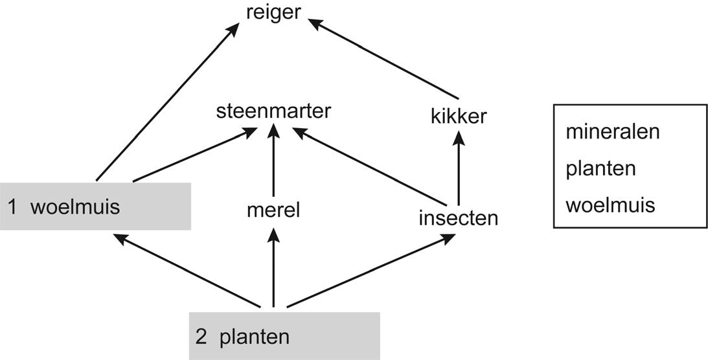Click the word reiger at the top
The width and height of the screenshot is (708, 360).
tap(273, 12)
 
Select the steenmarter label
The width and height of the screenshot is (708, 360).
tap(273, 111)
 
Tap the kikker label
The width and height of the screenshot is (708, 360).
tap(458, 117)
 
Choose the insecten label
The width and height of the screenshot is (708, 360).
tap(458, 218)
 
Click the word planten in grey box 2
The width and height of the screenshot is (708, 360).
tap(254, 337)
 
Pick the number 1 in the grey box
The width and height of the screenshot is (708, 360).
tap(12, 207)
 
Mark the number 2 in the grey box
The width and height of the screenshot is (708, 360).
tap(200, 337)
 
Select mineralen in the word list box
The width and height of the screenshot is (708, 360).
tap(612, 131)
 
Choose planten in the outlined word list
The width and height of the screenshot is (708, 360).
tap(600, 169)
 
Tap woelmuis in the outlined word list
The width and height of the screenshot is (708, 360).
tap(610, 205)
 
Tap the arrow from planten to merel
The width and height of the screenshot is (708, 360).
tap(273, 269)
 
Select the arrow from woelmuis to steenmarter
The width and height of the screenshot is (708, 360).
tap(193, 156)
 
